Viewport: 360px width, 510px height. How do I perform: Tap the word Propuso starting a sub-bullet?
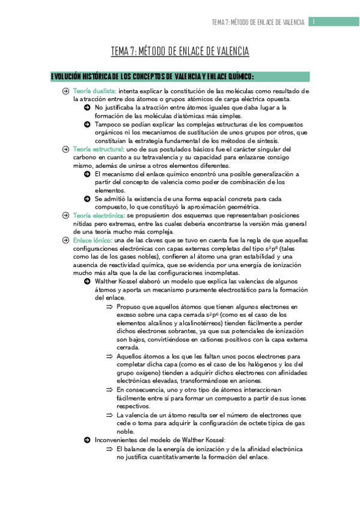click(130, 306)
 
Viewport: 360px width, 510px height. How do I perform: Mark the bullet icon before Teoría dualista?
click(66, 91)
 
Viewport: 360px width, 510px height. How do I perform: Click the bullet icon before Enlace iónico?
click(66, 239)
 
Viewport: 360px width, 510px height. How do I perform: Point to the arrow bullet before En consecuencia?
click(109, 390)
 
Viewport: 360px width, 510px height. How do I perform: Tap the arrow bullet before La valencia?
click(109, 415)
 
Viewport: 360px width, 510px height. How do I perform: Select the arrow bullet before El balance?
click(109, 449)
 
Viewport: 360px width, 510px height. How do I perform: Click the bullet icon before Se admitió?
click(88, 198)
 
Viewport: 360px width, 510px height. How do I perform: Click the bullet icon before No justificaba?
click(88, 107)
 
